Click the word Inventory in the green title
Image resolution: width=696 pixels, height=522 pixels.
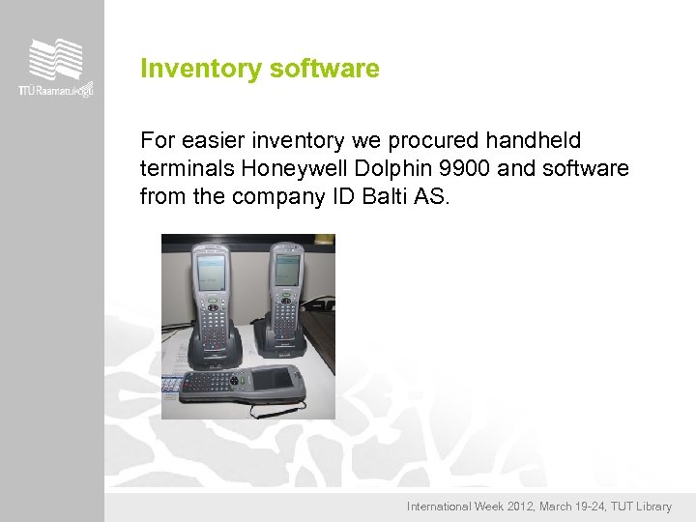tap(186, 70)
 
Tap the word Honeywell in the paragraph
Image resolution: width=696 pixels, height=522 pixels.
tap(288, 169)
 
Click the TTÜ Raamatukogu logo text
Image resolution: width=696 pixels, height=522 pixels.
tap(55, 90)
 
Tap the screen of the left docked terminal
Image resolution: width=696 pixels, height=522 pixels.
tap(209, 270)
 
